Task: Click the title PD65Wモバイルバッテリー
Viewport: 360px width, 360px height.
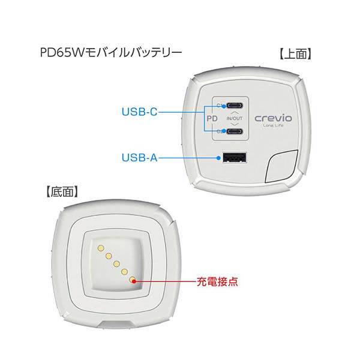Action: point(111,53)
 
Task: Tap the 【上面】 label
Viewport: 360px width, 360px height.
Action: point(295,54)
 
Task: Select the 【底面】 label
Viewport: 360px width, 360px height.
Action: point(62,192)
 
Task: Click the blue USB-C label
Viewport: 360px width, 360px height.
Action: point(139,112)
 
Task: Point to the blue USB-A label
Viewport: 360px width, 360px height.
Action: point(139,158)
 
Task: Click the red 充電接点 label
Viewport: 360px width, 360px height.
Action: point(217,281)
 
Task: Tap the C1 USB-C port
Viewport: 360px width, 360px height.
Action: point(235,106)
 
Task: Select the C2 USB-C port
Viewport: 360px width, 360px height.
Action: point(235,131)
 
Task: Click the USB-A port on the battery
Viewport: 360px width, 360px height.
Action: point(234,158)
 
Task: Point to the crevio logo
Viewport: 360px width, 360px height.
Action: point(273,118)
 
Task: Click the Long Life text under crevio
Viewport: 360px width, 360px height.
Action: point(273,125)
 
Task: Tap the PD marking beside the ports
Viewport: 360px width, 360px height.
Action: point(212,118)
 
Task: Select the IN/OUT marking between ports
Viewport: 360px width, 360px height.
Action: point(235,118)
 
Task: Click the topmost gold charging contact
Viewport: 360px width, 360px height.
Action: point(101,248)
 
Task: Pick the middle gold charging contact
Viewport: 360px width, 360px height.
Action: point(116,264)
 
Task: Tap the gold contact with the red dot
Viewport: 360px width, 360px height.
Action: point(133,280)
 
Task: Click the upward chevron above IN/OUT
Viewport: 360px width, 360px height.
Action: point(235,113)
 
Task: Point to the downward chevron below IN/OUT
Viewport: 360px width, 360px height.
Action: point(235,124)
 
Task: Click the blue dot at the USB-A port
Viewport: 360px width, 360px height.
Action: point(219,158)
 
